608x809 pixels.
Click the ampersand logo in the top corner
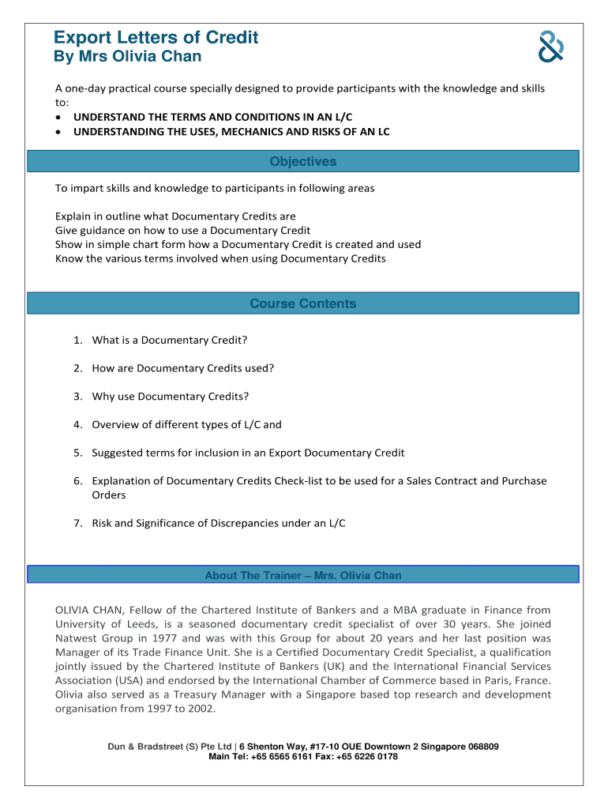tap(550, 47)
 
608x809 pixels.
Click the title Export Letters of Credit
tap(156, 37)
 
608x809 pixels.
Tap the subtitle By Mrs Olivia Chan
tap(127, 56)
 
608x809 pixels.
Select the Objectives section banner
tap(303, 162)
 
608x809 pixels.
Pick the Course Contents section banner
tap(303, 304)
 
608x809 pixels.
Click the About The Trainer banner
tap(303, 575)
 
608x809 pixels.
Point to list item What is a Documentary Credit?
tap(169, 340)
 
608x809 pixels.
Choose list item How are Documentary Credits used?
tap(182, 368)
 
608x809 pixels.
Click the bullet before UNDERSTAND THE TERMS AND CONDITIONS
tap(59, 117)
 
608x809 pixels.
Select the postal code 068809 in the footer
tap(480, 747)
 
